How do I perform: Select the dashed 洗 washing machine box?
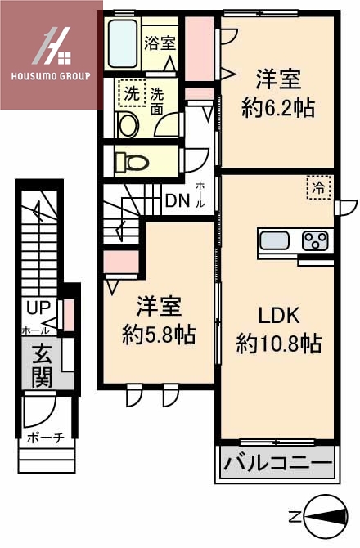click(x=131, y=93)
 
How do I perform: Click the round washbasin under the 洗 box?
click(x=129, y=125)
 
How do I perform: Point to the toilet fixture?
click(x=131, y=160)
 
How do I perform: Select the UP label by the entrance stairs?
click(x=37, y=308)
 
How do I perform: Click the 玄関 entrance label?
click(x=42, y=366)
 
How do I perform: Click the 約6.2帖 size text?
click(x=277, y=107)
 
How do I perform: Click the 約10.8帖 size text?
click(x=278, y=344)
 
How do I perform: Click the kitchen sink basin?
click(x=272, y=240)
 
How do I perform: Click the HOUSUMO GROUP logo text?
click(x=51, y=77)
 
